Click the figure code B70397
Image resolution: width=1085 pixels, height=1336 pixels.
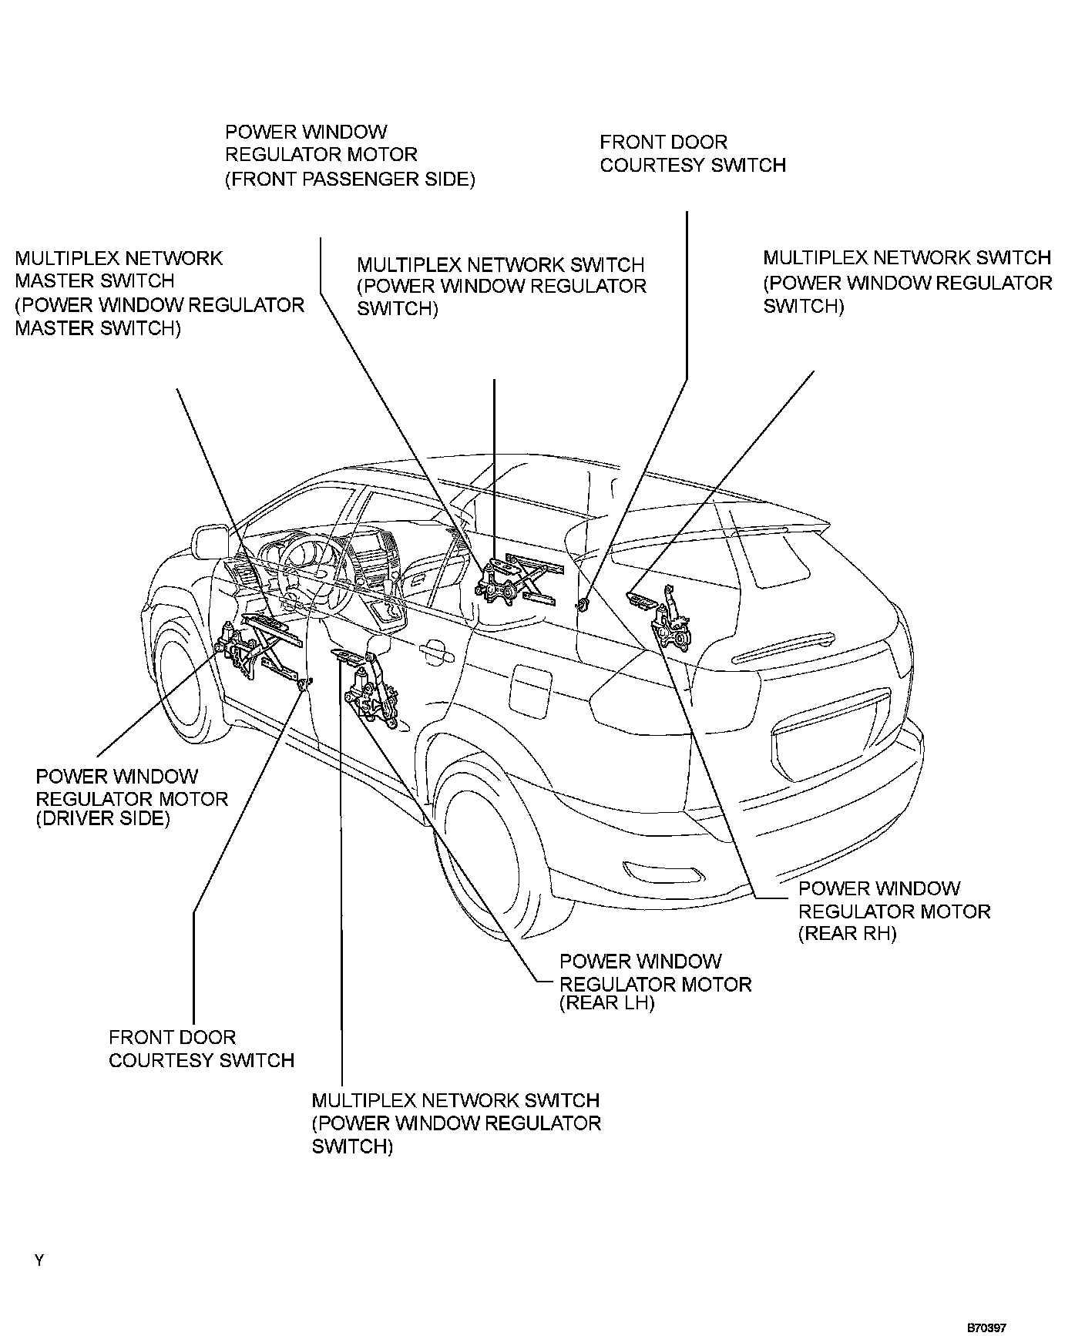(987, 1328)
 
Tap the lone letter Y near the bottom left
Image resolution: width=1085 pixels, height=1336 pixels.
(39, 1260)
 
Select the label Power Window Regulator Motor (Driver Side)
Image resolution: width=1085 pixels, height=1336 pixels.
(132, 797)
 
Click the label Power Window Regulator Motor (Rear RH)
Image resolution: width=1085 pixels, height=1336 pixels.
(894, 911)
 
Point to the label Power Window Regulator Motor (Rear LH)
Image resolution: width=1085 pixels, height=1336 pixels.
(655, 982)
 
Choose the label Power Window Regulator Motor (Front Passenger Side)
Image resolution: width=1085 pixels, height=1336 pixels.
(350, 156)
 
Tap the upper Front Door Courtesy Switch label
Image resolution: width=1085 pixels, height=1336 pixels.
(693, 153)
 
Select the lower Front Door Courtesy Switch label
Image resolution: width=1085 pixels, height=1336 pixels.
(201, 1049)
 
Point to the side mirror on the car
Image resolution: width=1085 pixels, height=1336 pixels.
(209, 542)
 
